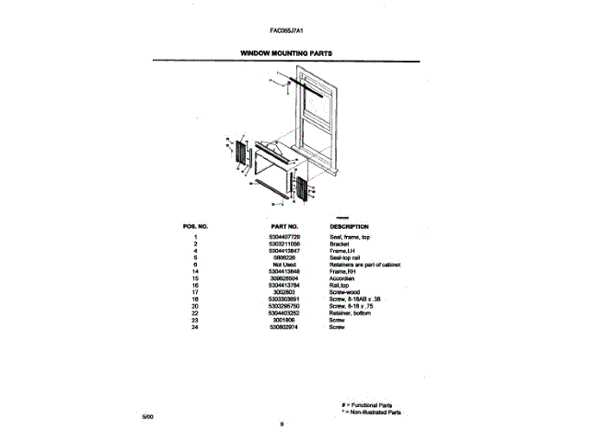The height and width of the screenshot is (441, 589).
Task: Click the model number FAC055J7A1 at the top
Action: [x=288, y=29]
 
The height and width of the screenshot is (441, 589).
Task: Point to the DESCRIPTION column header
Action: [x=349, y=225]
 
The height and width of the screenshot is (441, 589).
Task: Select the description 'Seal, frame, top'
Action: [x=350, y=237]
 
